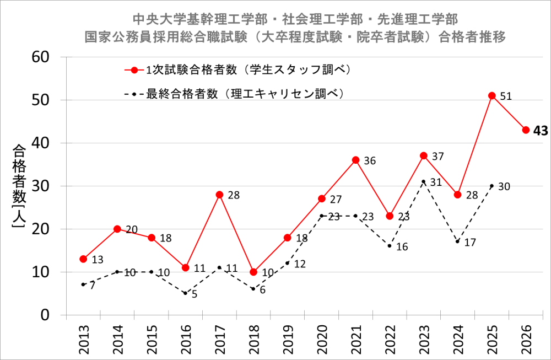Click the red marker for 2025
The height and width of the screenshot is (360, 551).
point(492,95)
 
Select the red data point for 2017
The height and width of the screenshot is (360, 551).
point(219,195)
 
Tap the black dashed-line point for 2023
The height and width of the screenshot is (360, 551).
point(424,181)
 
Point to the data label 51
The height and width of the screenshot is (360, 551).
point(506,96)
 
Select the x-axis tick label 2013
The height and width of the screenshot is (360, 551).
point(84,337)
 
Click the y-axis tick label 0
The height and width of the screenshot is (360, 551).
point(45,315)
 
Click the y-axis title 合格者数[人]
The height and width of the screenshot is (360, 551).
point(18,186)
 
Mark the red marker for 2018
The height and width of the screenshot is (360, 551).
point(253,272)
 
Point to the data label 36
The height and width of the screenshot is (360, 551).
point(370,161)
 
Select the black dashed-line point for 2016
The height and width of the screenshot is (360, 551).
point(186,293)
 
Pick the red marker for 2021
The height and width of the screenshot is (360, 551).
point(356,160)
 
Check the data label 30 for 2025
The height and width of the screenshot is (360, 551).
point(504,186)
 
